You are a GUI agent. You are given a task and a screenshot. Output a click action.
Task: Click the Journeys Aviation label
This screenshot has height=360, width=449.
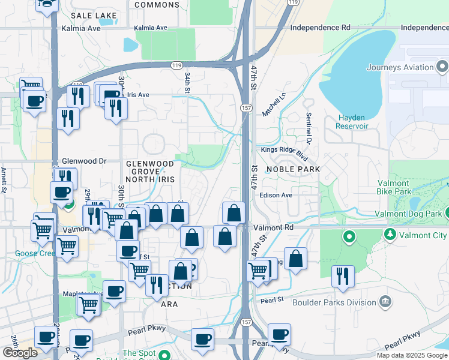(402, 67)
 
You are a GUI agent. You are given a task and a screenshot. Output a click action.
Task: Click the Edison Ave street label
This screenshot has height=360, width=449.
(276, 195)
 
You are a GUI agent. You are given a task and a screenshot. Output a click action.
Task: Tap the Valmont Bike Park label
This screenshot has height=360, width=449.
(402, 187)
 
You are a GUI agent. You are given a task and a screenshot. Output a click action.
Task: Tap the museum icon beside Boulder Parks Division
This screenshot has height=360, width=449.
(385, 300)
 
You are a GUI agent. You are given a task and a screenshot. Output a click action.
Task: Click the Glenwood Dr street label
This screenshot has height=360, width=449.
(83, 161)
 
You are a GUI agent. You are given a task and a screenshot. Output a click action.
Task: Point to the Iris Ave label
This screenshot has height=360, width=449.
(137, 95)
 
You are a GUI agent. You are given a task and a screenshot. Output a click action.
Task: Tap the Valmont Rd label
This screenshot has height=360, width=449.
(273, 228)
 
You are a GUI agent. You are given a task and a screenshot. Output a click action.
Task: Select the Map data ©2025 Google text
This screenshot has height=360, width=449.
(412, 355)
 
